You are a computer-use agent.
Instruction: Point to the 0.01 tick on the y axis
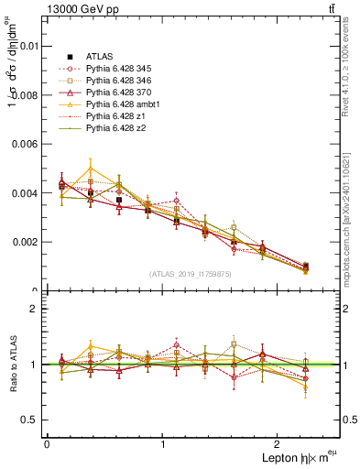pos(27,45)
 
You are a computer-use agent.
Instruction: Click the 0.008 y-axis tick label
pos(23,94)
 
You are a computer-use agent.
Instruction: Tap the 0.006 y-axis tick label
pos(23,144)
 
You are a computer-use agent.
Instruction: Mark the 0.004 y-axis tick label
pos(23,193)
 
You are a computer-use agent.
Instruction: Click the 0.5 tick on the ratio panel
pos(29,420)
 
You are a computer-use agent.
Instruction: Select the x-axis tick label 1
pos(163,443)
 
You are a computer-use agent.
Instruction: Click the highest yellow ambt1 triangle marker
pos(91,168)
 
